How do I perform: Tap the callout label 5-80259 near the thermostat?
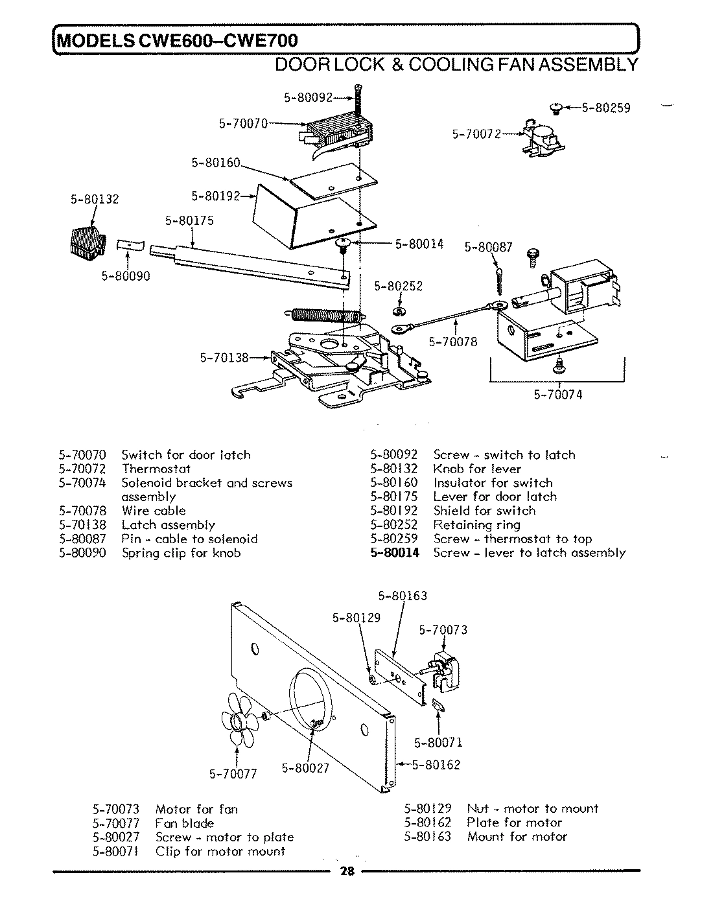coord(605,108)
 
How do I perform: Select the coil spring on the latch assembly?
coord(324,316)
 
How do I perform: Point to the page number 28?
coord(347,871)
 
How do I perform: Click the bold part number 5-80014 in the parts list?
coord(395,553)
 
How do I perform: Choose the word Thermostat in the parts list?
coord(156,469)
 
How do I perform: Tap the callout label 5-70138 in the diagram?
coord(224,357)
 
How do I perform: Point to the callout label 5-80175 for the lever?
coord(189,220)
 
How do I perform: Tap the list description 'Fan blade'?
coord(184,823)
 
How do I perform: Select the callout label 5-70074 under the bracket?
coord(558,394)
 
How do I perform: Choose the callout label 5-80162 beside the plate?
coord(436,765)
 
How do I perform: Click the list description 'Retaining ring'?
coord(476,525)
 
